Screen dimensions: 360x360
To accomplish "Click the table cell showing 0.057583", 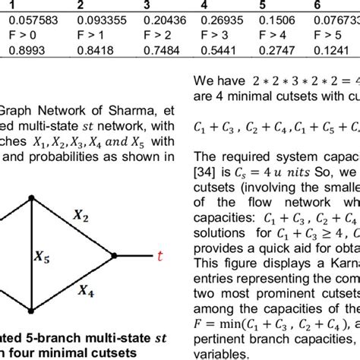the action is pyautogui.click(x=26, y=19).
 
